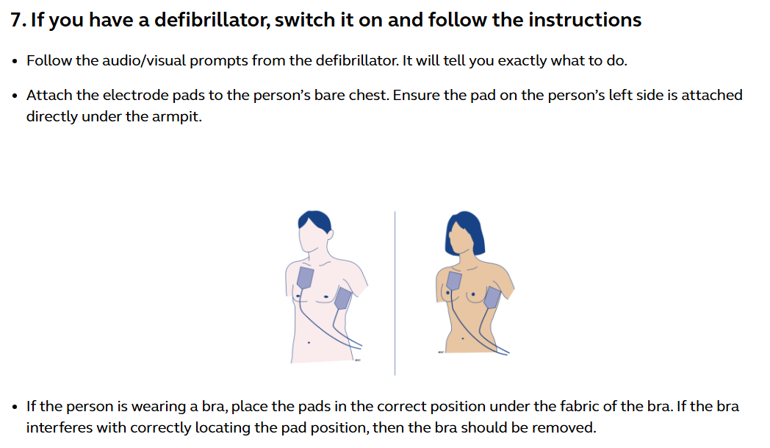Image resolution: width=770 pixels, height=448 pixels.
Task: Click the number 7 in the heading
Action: [17, 21]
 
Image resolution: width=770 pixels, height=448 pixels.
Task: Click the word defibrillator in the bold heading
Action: [212, 20]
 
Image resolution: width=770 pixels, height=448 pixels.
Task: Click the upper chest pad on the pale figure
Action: [306, 278]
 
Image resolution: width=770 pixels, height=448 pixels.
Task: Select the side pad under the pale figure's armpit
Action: [343, 299]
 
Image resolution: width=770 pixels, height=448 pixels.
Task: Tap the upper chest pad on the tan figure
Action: [454, 280]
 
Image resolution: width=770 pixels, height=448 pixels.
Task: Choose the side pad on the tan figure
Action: [492, 297]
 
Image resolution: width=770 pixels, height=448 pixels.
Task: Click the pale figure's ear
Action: [330, 234]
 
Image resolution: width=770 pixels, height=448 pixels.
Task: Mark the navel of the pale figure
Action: [309, 342]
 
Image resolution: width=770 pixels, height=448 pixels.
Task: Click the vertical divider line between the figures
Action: [395, 293]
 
